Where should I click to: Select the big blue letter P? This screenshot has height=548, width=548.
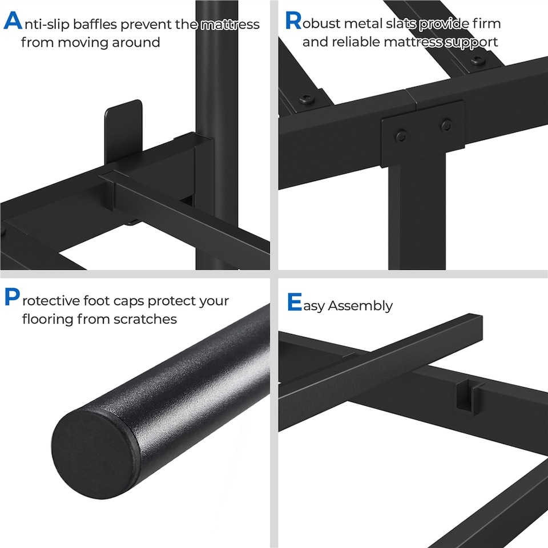(x=11, y=298)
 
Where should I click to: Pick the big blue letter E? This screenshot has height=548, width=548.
(x=294, y=302)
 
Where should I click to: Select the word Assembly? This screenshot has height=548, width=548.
(x=360, y=306)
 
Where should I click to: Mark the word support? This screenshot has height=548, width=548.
(x=471, y=42)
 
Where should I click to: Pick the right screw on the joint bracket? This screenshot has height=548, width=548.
(x=446, y=124)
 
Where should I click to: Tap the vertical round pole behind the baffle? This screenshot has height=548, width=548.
(x=216, y=68)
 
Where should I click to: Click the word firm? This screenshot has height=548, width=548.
(x=485, y=24)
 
